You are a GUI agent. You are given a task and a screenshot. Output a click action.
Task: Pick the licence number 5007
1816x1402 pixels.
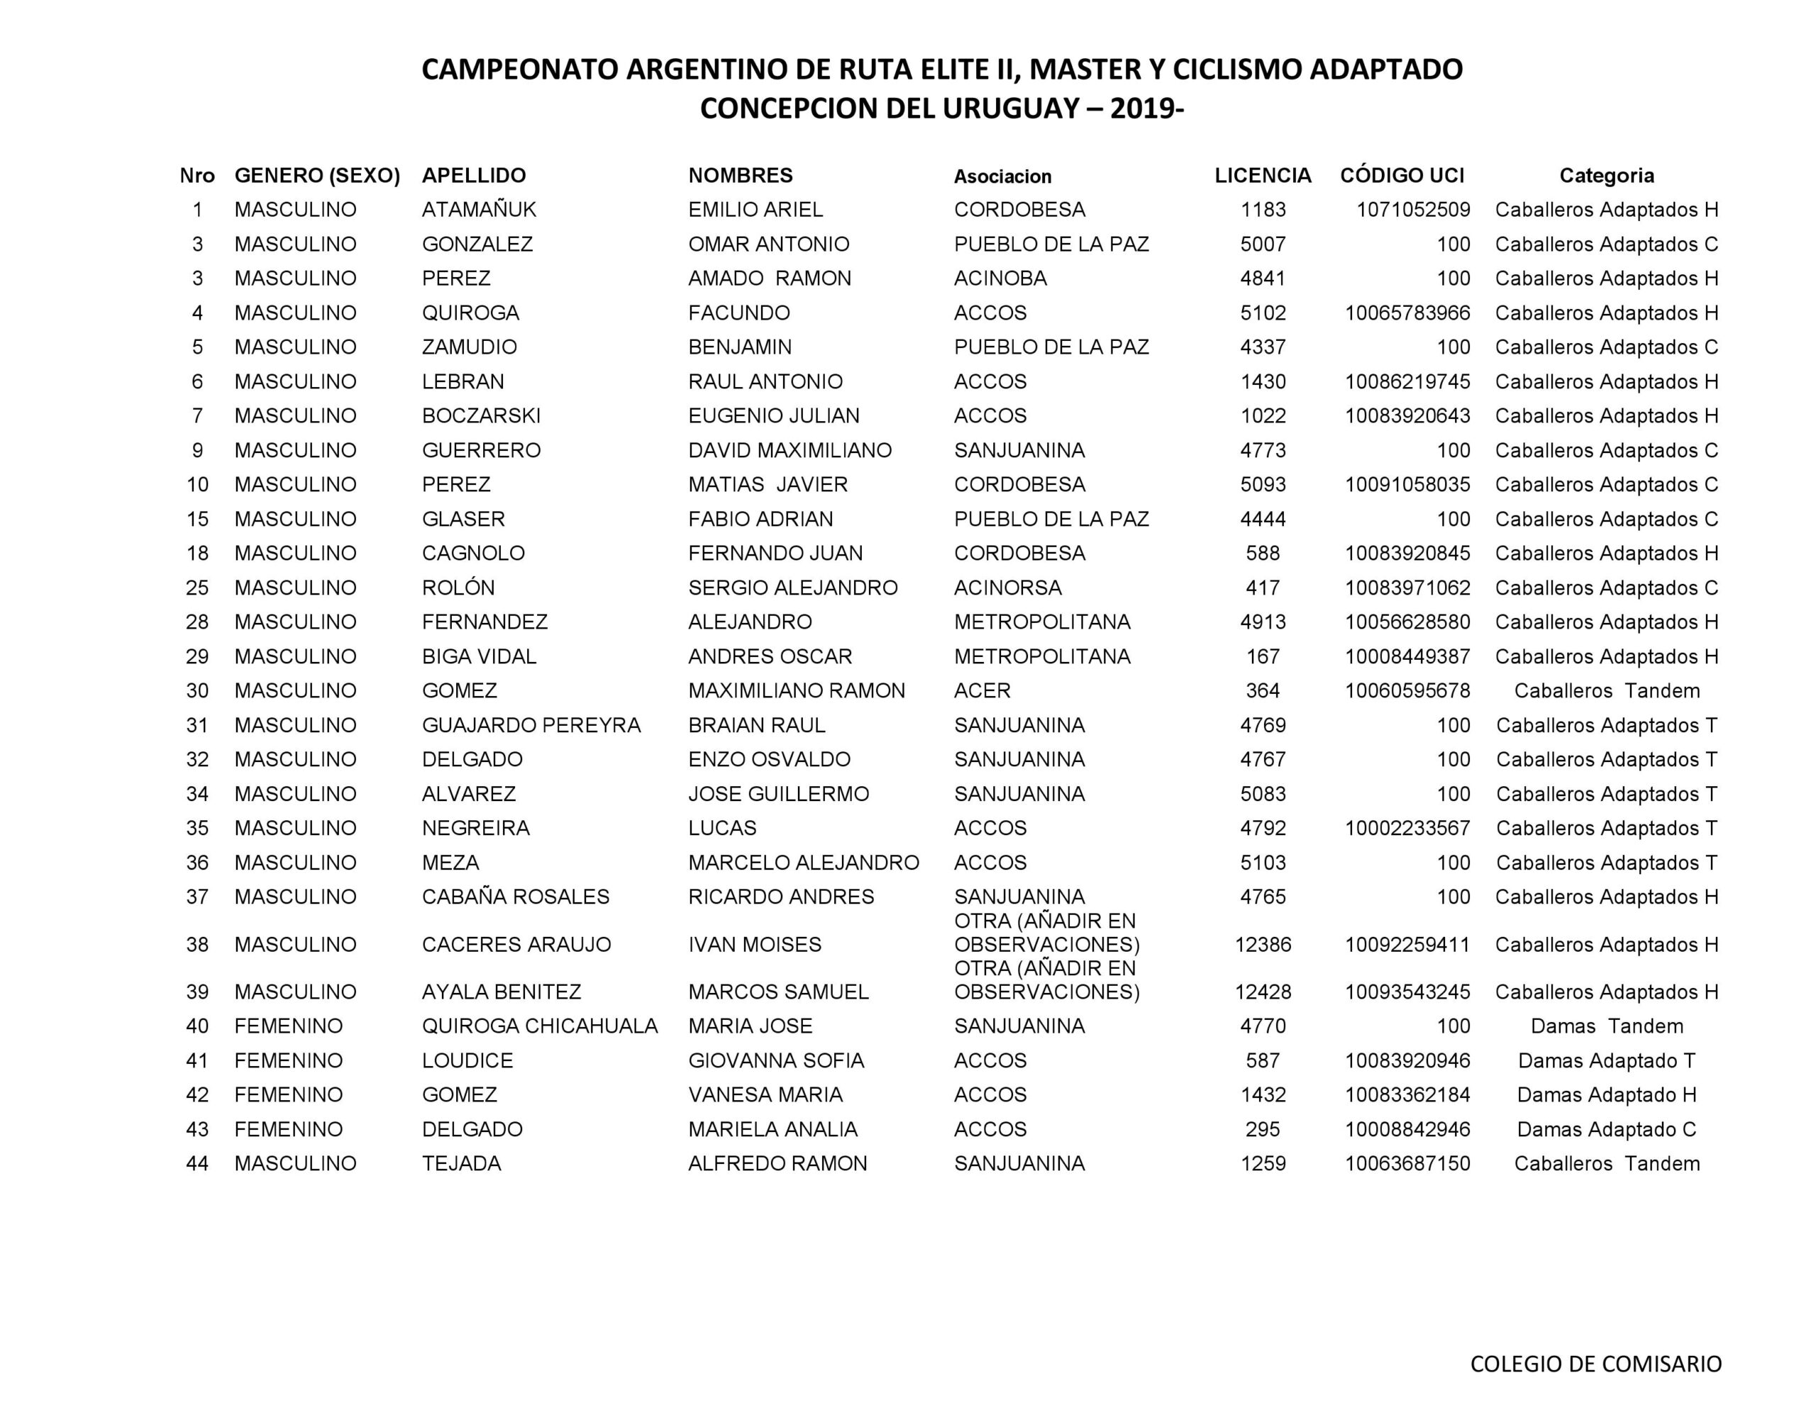click(x=1262, y=245)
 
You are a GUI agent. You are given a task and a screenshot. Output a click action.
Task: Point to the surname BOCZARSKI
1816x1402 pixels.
click(x=481, y=415)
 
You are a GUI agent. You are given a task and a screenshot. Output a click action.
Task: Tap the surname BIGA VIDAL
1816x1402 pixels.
click(x=479, y=656)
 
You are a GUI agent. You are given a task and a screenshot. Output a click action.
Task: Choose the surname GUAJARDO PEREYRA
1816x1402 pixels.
click(x=531, y=726)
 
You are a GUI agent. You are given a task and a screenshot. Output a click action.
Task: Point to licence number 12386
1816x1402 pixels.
click(x=1262, y=945)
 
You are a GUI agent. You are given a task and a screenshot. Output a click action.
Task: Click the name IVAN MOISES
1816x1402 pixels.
click(x=754, y=945)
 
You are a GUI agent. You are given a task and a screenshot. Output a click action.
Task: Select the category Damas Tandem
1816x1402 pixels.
click(x=1607, y=1026)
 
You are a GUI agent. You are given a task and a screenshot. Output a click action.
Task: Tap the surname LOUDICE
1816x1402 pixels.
click(x=467, y=1060)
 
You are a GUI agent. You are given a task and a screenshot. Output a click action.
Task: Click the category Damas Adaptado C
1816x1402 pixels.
click(x=1607, y=1129)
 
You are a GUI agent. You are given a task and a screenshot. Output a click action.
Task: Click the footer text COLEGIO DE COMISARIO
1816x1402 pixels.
click(x=1595, y=1364)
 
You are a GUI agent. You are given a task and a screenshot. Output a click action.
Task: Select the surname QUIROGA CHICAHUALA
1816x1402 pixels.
click(x=540, y=1026)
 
